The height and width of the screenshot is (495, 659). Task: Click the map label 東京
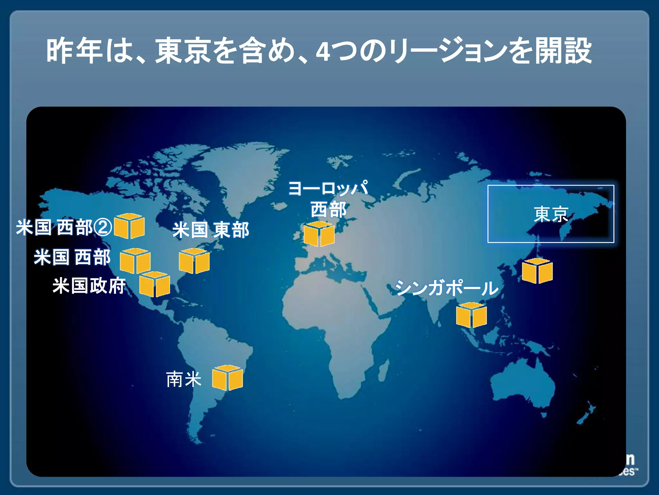click(551, 214)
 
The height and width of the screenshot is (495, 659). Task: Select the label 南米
click(184, 379)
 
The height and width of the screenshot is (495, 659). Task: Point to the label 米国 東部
click(211, 230)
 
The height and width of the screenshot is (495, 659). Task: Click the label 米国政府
click(89, 286)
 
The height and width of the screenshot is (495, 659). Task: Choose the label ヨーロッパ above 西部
click(328, 188)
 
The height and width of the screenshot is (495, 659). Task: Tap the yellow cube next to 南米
click(227, 378)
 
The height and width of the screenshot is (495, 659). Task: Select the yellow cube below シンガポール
click(471, 315)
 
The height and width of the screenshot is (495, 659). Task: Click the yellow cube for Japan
click(537, 271)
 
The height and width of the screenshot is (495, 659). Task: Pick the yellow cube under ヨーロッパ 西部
click(319, 234)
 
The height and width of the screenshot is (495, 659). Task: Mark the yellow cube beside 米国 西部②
click(129, 226)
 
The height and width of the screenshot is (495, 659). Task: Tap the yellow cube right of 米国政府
click(154, 284)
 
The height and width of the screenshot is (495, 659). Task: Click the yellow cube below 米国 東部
click(194, 261)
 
